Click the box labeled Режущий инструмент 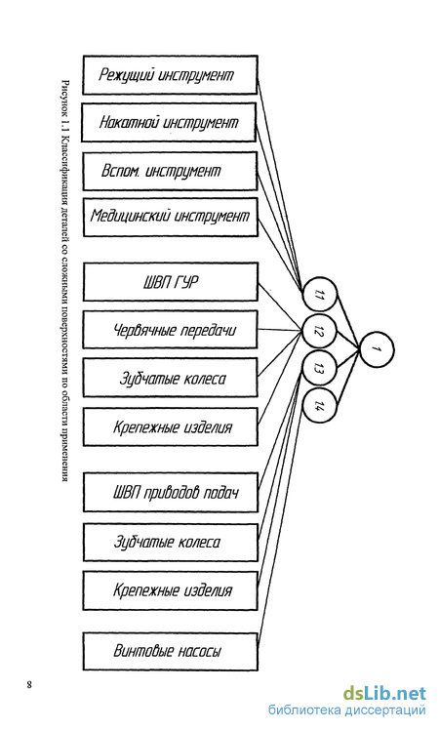click(170, 75)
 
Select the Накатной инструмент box click(169, 122)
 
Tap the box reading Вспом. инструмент click(170, 171)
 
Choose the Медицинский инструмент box click(170, 217)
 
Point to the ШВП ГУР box click(170, 282)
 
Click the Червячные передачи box click(170, 330)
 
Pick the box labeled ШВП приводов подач click(170, 493)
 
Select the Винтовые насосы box click(170, 651)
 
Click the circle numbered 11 click(319, 294)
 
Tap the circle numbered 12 click(319, 332)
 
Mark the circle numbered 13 click(319, 369)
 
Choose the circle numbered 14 click(319, 406)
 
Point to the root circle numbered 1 click(377, 349)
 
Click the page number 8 click(29, 684)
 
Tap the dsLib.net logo click(384, 694)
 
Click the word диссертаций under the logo click(388, 710)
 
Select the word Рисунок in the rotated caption click(65, 98)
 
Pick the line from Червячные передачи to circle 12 click(279, 330)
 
